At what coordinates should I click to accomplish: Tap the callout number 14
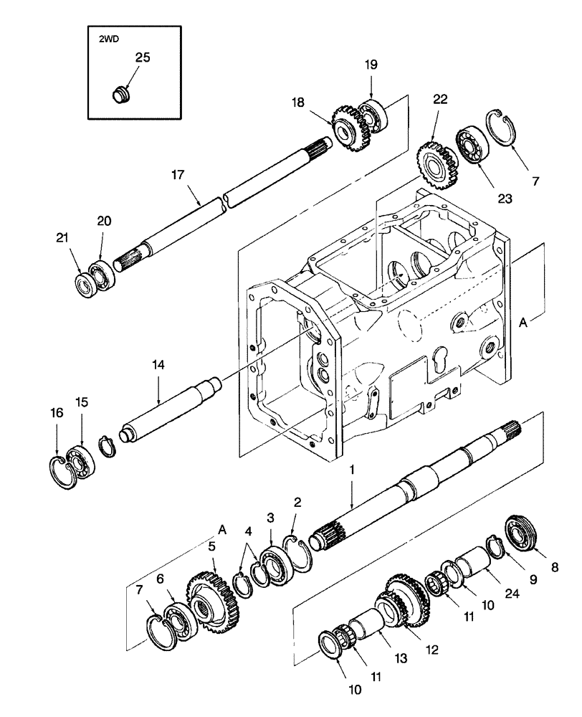[x=158, y=365]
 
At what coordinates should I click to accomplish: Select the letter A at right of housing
[x=524, y=323]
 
